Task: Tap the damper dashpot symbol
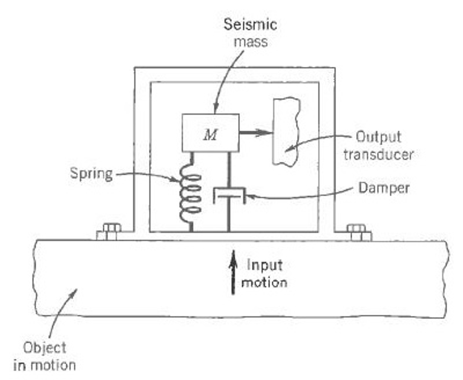229,196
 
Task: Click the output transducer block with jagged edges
286,131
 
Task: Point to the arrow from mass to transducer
255,132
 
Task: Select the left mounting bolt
109,232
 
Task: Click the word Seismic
250,24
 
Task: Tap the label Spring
91,173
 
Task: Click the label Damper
384,187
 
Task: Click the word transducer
378,154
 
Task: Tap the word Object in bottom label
44,348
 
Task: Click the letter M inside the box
210,136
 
